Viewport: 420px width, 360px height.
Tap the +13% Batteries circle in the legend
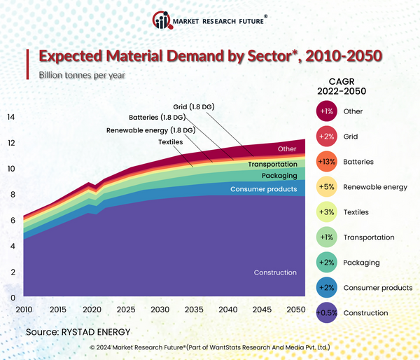click(325, 162)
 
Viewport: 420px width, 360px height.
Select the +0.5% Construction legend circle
click(325, 313)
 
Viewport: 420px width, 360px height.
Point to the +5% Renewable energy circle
click(325, 187)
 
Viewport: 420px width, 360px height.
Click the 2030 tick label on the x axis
click(160, 310)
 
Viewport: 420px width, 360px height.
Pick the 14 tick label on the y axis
click(10, 117)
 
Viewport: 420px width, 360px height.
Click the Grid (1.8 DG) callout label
click(190, 106)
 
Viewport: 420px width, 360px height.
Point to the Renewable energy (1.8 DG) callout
click(150, 130)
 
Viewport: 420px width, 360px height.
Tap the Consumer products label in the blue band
click(263, 189)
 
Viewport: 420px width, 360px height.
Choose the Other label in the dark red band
click(287, 148)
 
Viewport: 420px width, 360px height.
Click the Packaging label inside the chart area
click(279, 176)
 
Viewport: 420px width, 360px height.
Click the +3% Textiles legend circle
click(325, 212)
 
